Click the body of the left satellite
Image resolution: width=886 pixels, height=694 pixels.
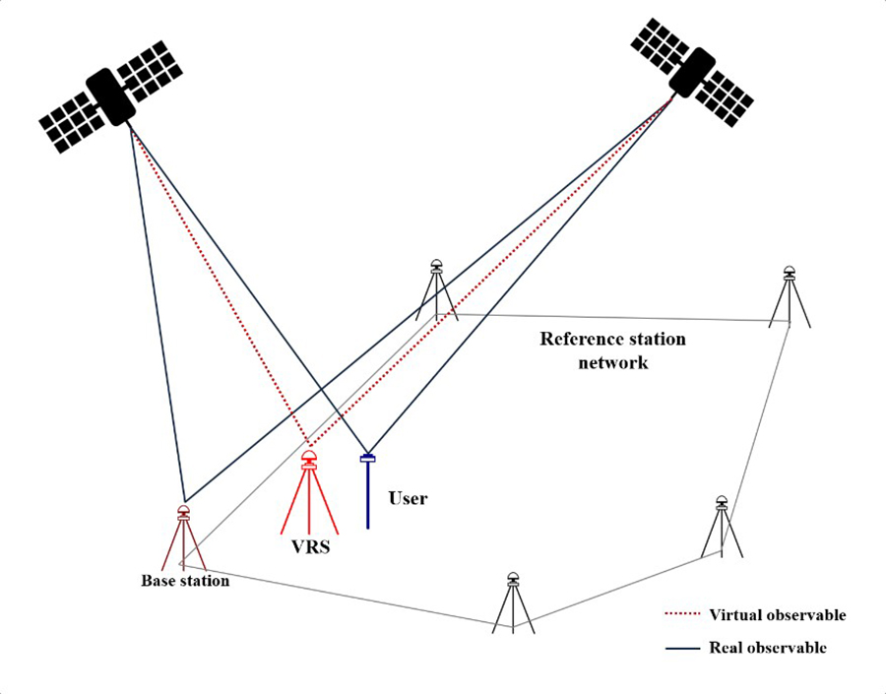(x=111, y=96)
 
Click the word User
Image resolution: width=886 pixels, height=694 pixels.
(x=408, y=498)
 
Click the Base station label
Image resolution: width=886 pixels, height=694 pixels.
(x=184, y=581)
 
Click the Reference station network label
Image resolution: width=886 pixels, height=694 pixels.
(x=612, y=350)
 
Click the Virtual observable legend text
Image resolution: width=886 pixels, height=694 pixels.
(x=777, y=615)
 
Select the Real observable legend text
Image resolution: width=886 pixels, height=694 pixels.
(x=767, y=648)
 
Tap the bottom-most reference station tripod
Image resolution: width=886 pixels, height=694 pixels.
(x=513, y=601)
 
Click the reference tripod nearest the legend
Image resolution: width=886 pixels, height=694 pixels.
(x=722, y=528)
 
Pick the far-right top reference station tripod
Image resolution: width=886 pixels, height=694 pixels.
(x=789, y=296)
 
